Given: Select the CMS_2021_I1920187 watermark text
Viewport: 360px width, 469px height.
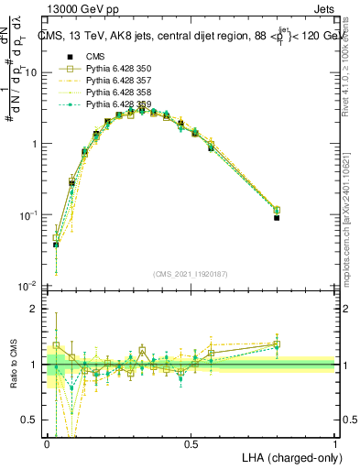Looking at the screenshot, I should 190,274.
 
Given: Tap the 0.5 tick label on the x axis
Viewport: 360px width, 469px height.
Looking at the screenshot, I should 191,443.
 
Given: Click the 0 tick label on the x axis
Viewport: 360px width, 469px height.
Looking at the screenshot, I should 47,443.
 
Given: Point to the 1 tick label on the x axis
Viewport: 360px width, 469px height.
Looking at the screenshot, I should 334,443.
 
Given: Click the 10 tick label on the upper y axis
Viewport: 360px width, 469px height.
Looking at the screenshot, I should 34,72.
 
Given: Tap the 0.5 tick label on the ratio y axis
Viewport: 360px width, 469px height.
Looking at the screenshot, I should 33,420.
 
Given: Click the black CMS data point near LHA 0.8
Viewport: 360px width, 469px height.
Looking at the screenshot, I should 277,218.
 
